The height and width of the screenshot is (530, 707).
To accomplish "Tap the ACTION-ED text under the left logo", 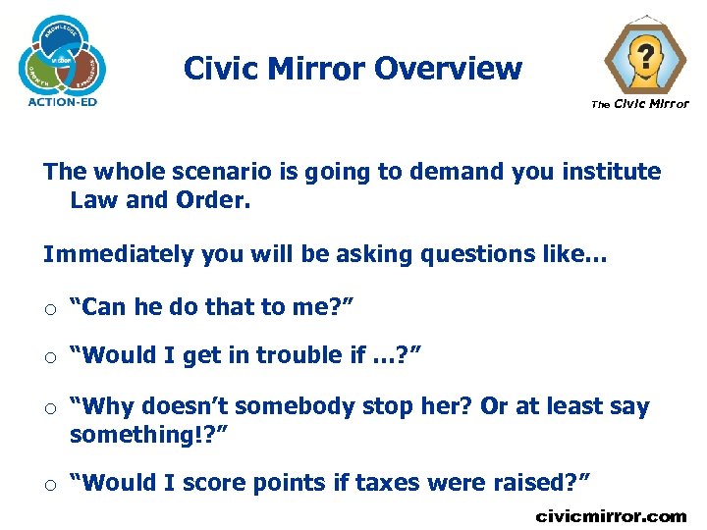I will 63,101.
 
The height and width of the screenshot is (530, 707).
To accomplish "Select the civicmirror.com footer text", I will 611,515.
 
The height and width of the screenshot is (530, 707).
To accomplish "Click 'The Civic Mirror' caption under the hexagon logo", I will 639,104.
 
